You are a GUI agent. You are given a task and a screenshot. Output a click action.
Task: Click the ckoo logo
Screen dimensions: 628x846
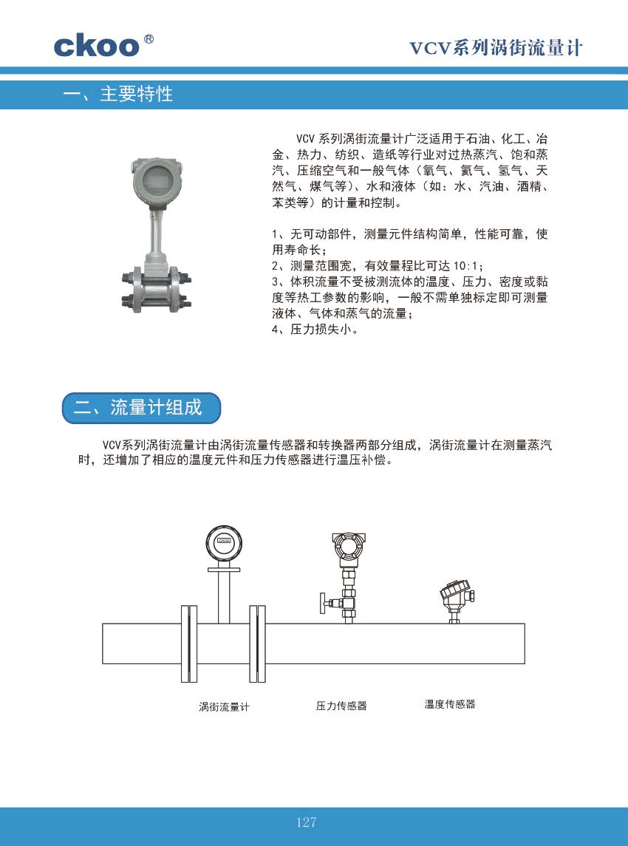(97, 47)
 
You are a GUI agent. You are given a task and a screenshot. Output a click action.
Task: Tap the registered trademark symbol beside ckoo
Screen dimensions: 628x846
(149, 39)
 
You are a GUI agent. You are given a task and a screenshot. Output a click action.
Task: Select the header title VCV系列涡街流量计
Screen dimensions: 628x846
(496, 48)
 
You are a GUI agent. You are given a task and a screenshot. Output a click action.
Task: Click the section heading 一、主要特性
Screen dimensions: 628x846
(117, 95)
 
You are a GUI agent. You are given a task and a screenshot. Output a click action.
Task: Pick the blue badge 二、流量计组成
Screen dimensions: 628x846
(141, 408)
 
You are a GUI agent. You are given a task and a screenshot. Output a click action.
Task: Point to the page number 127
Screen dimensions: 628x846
(306, 822)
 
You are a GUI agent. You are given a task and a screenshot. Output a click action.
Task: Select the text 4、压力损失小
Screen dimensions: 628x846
(314, 329)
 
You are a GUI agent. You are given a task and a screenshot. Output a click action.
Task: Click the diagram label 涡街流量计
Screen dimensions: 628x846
(224, 707)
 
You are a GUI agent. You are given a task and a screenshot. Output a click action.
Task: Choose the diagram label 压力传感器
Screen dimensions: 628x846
(341, 706)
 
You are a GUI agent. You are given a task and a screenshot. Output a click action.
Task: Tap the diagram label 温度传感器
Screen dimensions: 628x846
(450, 704)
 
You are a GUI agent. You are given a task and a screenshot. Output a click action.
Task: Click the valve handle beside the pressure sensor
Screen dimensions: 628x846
(324, 603)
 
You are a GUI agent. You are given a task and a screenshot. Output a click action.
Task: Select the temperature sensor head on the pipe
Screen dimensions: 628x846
(457, 594)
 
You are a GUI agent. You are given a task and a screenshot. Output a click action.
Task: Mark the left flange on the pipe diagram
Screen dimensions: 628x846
(186, 644)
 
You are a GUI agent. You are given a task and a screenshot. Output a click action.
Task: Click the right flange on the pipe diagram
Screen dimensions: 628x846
(257, 644)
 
